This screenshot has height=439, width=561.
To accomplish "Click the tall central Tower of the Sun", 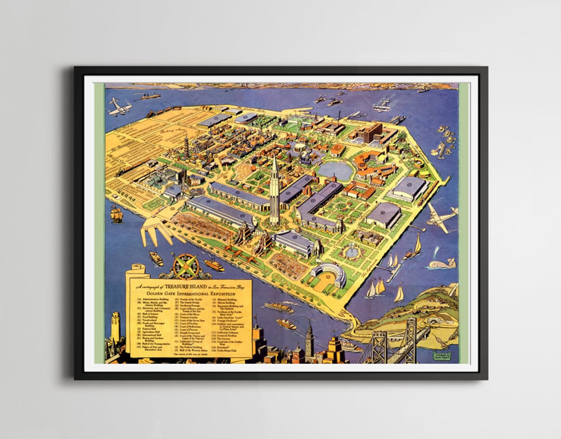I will click(274, 192).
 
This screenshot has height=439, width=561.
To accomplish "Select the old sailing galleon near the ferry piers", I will click(116, 214).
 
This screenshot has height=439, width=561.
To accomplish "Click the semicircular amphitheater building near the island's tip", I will click(328, 274).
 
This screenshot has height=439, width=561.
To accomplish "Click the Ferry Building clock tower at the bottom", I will click(309, 340).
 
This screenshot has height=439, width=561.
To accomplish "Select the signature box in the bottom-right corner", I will click(442, 356).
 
